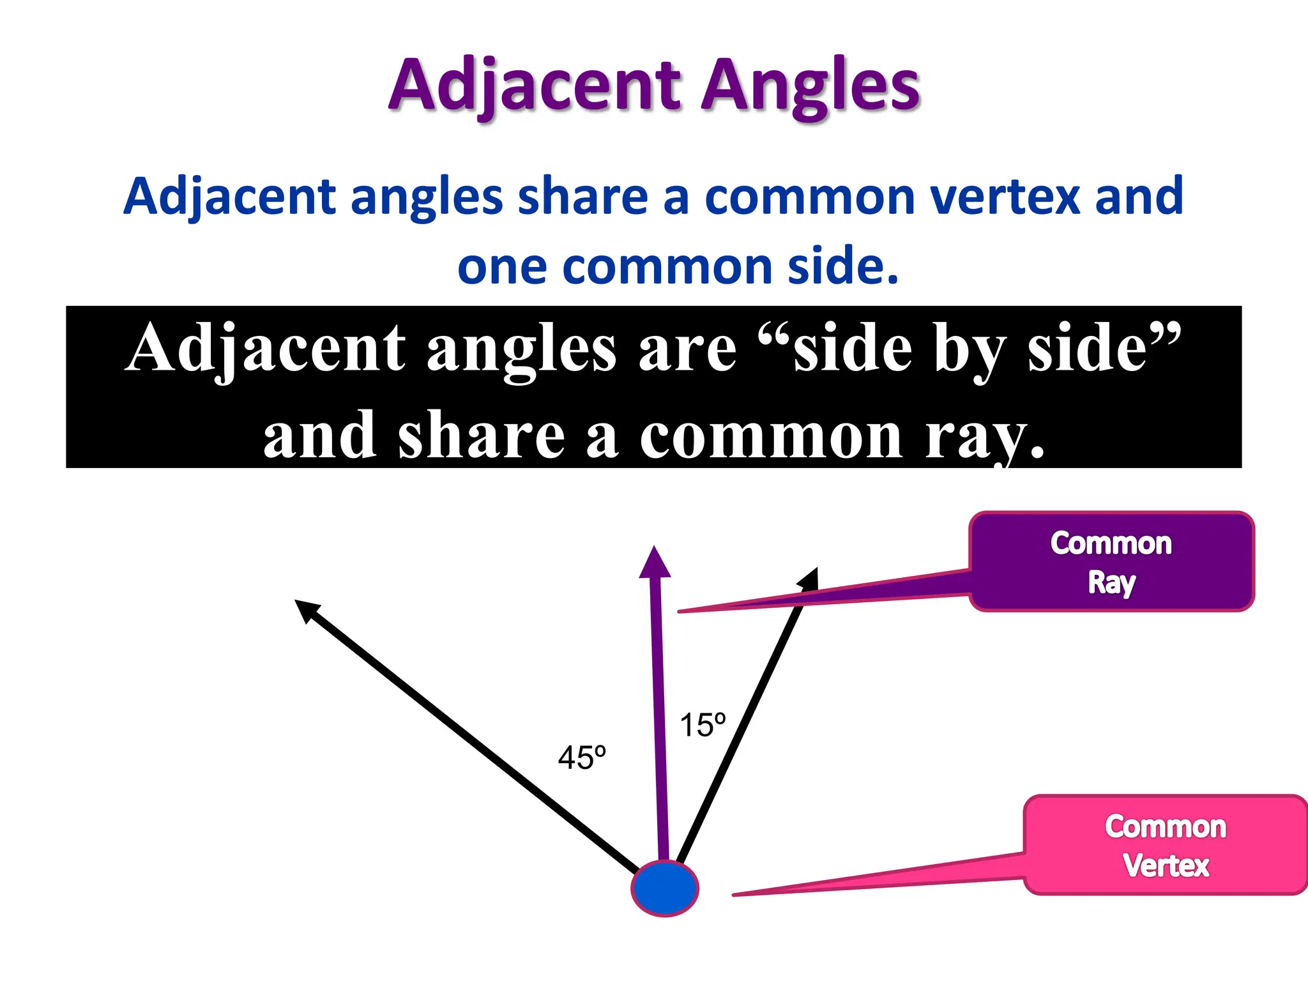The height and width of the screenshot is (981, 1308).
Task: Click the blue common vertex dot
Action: click(664, 888)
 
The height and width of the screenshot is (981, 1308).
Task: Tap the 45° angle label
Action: click(581, 758)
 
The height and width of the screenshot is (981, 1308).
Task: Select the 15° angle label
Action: click(702, 726)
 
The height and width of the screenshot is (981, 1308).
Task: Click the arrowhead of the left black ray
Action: click(305, 609)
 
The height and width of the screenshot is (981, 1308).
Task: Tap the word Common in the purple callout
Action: click(1111, 544)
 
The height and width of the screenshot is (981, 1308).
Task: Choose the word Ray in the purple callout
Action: click(1111, 582)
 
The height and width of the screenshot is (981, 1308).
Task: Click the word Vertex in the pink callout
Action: click(1166, 866)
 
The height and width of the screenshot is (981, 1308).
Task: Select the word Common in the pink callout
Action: click(1166, 827)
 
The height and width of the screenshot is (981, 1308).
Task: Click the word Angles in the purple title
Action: click(810, 86)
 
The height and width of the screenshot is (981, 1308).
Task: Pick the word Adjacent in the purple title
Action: click(536, 86)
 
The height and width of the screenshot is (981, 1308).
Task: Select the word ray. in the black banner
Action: click(984, 437)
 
